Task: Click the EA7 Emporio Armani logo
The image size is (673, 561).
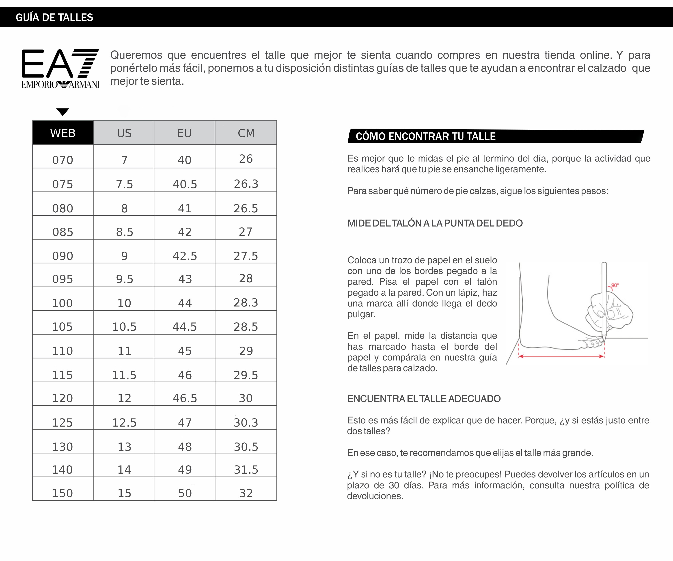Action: pos(60,68)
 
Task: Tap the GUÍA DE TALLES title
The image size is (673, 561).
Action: pos(54,17)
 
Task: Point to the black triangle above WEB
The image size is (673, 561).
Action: pos(63,112)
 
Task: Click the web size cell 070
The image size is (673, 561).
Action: pos(63,160)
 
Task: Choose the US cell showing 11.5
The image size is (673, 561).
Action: pos(124,375)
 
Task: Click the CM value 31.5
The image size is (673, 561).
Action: pos(246,470)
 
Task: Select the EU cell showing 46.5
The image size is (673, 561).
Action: pos(185,398)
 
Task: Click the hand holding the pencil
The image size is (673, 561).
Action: pos(609,313)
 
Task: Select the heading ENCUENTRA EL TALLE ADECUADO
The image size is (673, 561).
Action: pos(424,399)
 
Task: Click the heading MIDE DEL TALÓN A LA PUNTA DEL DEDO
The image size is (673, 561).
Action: pos(435,223)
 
